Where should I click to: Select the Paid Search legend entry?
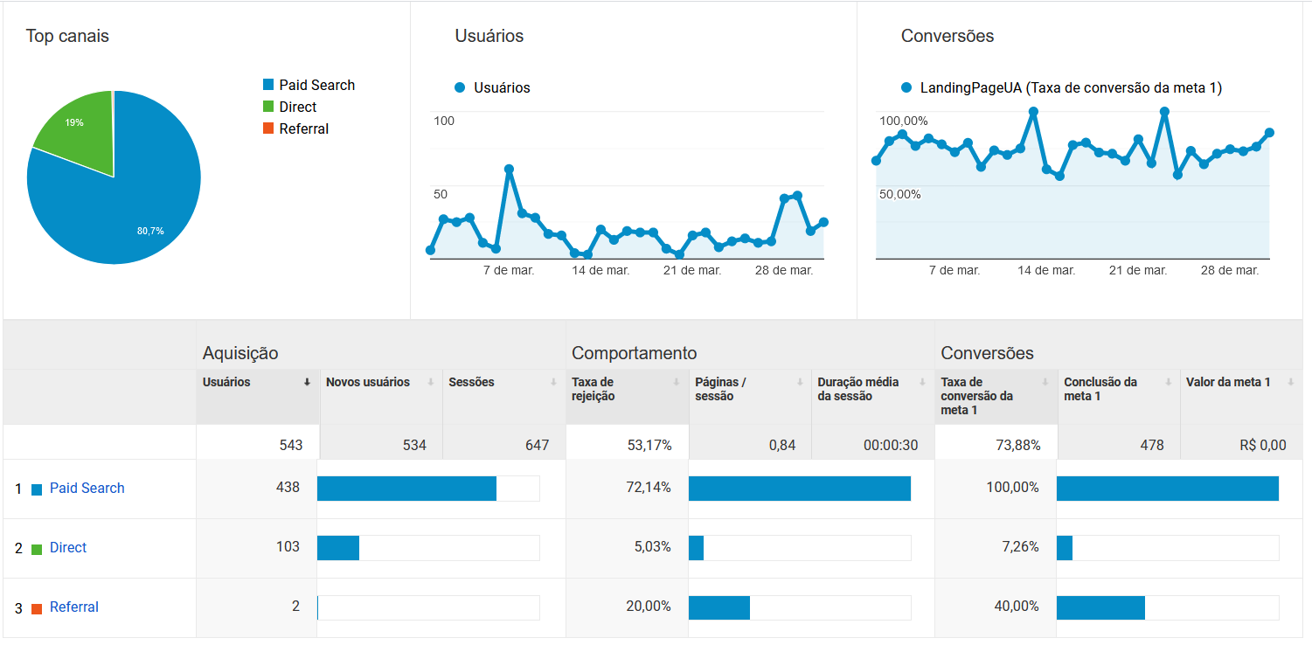(x=316, y=85)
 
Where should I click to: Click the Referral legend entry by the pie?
(x=303, y=128)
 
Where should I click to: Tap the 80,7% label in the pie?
(x=150, y=231)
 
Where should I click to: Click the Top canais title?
(x=67, y=36)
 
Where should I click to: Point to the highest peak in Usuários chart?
(x=509, y=169)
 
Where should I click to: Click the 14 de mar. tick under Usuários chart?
(x=600, y=270)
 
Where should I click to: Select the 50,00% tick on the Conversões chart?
(x=900, y=194)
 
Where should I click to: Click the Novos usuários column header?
(x=368, y=382)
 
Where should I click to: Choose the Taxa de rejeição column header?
(x=594, y=389)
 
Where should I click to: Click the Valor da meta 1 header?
(x=1228, y=382)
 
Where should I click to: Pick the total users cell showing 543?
(x=291, y=445)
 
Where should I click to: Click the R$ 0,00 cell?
(x=1263, y=445)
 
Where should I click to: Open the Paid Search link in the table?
(x=87, y=488)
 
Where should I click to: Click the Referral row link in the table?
(x=74, y=607)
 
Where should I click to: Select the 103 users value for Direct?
(x=288, y=547)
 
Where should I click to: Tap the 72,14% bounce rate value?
(x=649, y=488)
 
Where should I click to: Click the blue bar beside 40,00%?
(x=1100, y=607)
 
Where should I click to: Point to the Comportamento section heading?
(x=635, y=353)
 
